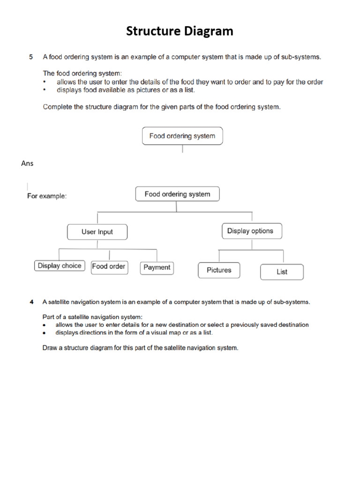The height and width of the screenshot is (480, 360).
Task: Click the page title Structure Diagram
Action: [x=180, y=31]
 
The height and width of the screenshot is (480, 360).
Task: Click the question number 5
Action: [x=31, y=57]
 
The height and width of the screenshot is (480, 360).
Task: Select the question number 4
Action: [x=31, y=302]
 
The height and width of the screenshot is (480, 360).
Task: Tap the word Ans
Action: [x=27, y=164]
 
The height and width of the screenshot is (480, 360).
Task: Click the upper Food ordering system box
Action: [x=182, y=136]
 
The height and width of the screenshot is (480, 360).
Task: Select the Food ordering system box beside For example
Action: [x=177, y=194]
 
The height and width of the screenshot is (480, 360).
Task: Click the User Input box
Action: [x=97, y=232]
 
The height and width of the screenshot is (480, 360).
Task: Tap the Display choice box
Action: [x=60, y=266]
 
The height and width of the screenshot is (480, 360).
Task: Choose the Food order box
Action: [x=109, y=266]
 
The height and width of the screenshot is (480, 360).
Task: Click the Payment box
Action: [x=157, y=268]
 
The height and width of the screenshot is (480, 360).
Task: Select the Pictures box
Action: [x=219, y=270]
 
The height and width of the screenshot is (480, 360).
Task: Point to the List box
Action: [x=282, y=272]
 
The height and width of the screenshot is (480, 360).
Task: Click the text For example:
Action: [x=47, y=196]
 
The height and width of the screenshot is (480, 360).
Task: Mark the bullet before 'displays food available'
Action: [x=45, y=90]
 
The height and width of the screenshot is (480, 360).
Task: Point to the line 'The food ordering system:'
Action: [x=82, y=73]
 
